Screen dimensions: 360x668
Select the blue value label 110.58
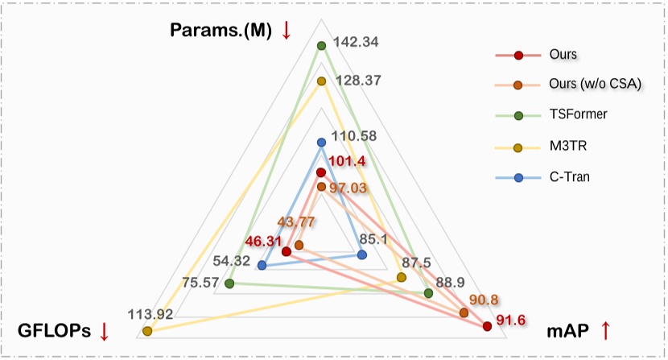pos(355,136)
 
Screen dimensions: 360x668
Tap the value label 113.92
pos(151,313)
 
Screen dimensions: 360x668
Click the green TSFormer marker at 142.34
pos(321,45)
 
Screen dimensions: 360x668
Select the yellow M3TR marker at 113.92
pos(146,331)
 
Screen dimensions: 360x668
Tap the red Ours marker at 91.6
pos(487,326)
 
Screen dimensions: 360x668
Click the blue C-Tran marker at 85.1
pos(361,255)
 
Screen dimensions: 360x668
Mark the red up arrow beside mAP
pos(606,329)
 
